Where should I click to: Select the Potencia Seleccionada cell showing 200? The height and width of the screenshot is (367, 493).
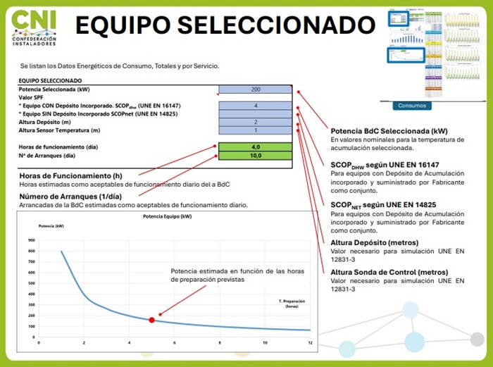click(x=255, y=89)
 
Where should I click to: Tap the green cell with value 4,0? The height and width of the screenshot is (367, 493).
click(x=255, y=147)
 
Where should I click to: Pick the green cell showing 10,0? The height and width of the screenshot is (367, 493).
click(x=255, y=156)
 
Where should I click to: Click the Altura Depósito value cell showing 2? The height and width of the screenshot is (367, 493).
click(x=255, y=122)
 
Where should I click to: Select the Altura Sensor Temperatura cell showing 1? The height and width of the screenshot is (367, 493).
click(x=255, y=130)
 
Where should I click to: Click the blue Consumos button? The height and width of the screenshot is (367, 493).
click(x=411, y=106)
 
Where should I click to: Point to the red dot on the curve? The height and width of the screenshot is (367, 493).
click(x=151, y=320)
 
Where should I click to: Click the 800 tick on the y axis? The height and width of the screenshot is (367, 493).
click(x=31, y=251)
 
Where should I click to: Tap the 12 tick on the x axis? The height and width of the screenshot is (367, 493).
click(x=310, y=342)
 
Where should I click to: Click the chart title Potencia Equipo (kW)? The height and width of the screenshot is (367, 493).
click(x=167, y=216)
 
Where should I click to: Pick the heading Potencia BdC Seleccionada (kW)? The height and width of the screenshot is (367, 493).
click(x=389, y=131)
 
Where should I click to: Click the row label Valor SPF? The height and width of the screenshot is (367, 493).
click(x=32, y=97)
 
